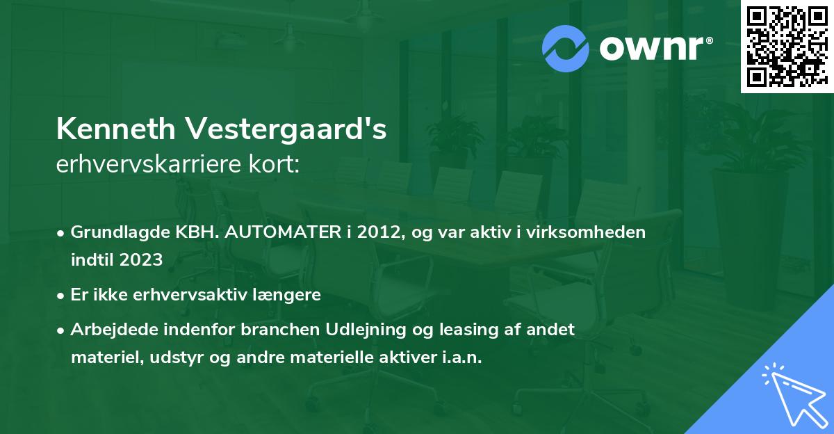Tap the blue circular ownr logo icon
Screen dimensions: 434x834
(x=566, y=48)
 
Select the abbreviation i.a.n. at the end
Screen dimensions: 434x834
(x=458, y=357)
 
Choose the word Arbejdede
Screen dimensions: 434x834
(x=108, y=330)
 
